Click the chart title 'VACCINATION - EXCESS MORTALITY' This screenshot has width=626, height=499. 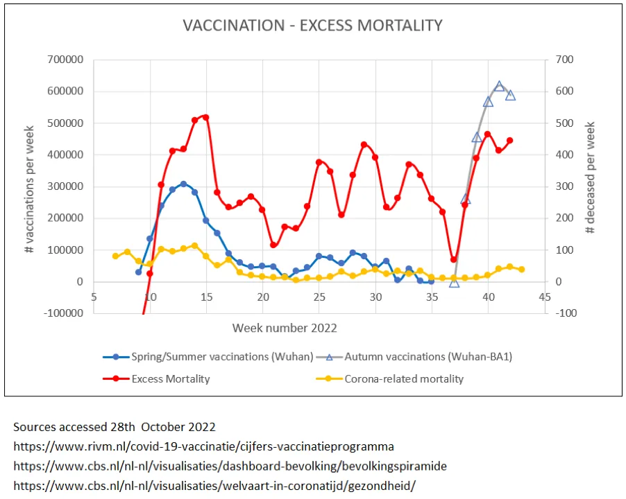(x=312, y=26)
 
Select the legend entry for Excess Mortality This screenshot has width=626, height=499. (x=170, y=379)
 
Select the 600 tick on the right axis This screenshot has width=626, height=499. (x=565, y=91)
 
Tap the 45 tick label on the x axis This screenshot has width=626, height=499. (x=545, y=297)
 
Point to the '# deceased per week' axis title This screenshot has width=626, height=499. (x=591, y=178)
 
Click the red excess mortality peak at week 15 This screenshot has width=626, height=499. (x=205, y=118)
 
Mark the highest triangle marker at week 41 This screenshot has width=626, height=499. (x=499, y=86)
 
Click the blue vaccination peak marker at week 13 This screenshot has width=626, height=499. (x=183, y=184)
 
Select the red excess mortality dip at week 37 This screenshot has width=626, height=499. (x=454, y=260)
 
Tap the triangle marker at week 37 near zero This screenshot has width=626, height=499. (x=454, y=283)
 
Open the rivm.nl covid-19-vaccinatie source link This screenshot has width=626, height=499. (x=203, y=446)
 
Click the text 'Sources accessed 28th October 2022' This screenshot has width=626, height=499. (x=115, y=426)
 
